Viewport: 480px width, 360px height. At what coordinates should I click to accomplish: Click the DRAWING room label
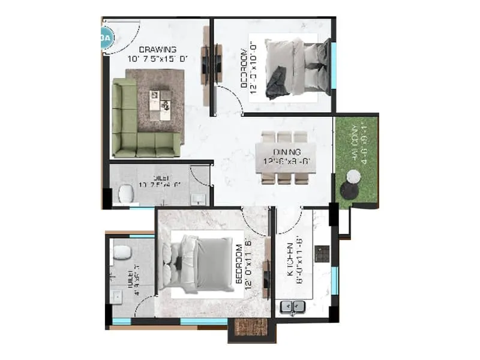(x=157, y=49)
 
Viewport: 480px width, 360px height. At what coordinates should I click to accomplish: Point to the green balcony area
(x=357, y=159)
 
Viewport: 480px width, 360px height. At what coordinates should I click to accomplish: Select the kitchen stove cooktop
(x=322, y=254)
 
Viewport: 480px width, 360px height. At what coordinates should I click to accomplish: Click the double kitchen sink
(x=294, y=308)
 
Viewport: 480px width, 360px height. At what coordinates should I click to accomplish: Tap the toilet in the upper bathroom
(x=125, y=193)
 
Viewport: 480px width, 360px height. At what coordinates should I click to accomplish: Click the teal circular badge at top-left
(x=106, y=38)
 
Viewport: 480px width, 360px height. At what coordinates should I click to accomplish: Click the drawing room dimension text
(x=158, y=59)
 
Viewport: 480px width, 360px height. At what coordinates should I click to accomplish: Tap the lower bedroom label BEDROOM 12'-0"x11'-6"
(x=242, y=264)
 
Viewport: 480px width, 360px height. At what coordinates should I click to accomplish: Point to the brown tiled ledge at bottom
(x=244, y=328)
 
